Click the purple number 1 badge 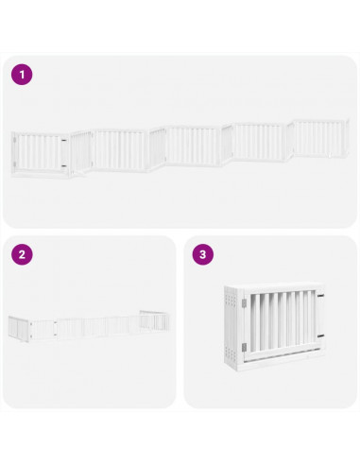point(22,74)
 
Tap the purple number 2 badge point(22,254)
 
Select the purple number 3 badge point(201,254)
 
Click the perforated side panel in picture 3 point(230,326)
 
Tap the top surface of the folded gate point(274,287)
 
